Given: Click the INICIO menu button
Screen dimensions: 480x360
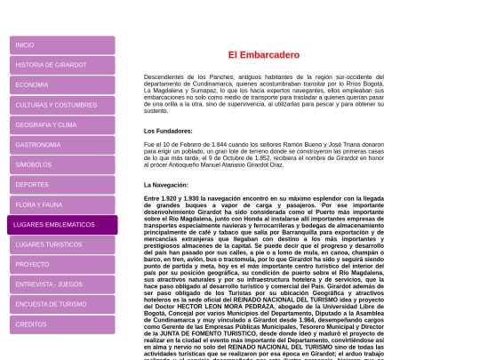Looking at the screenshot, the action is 61,44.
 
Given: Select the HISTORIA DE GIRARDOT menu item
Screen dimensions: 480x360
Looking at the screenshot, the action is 61,65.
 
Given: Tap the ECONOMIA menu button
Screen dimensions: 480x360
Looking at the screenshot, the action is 61,84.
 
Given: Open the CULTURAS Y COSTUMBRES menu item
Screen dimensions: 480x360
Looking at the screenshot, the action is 61,105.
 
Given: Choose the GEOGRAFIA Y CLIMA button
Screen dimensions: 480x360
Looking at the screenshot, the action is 61,124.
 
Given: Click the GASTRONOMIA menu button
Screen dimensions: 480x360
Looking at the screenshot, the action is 61,144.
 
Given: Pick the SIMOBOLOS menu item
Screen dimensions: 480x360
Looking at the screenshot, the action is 61,164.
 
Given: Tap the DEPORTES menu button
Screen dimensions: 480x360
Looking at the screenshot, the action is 61,184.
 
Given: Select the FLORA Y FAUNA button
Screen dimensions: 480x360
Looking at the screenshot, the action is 61,204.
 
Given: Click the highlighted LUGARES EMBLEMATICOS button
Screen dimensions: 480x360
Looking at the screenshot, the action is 61,225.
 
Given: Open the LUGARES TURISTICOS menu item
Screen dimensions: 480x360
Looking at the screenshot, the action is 61,244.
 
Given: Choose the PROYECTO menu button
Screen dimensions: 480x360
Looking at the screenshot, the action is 61,264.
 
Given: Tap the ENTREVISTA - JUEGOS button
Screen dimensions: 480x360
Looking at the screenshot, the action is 61,284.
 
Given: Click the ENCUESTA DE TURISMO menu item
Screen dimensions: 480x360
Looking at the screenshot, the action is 61,304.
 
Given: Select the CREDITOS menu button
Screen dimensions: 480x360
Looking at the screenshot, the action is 61,324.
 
